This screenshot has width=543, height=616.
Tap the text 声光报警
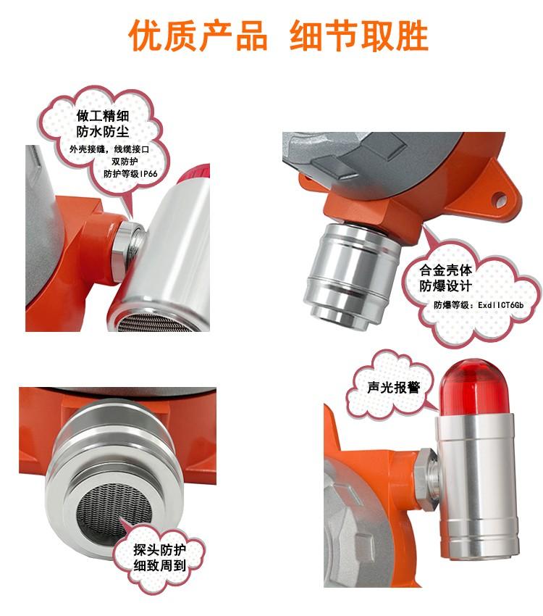click(x=393, y=388)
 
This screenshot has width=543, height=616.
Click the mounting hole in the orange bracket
click(x=500, y=199)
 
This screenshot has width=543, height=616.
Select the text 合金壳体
click(x=446, y=270)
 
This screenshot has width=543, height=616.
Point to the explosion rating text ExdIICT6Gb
click(x=500, y=305)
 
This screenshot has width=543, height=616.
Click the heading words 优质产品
click(x=198, y=36)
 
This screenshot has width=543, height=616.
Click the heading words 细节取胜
click(x=358, y=36)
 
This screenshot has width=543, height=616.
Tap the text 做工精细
click(x=103, y=116)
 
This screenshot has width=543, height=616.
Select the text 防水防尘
click(x=103, y=132)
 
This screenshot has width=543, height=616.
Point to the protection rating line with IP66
click(x=130, y=174)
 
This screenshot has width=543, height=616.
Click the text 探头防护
click(x=159, y=549)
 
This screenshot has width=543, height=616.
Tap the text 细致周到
click(x=159, y=566)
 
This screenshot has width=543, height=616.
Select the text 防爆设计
click(x=446, y=286)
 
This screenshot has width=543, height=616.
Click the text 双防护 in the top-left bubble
click(x=125, y=162)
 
